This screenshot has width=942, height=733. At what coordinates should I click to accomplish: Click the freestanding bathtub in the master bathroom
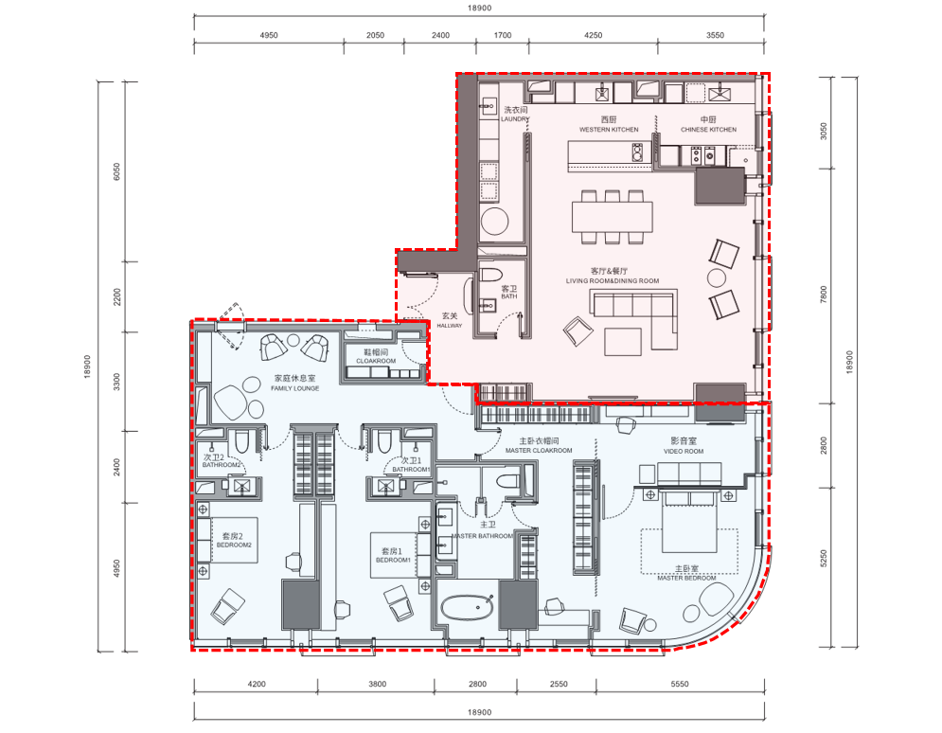click(468, 608)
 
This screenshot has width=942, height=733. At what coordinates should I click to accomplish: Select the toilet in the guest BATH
click(491, 276)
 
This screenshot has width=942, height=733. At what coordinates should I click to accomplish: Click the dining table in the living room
click(613, 217)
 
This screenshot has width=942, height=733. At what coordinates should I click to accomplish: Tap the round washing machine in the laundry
click(495, 221)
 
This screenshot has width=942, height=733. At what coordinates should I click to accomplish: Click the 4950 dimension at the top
click(269, 35)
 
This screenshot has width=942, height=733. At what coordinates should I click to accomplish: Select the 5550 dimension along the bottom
click(680, 684)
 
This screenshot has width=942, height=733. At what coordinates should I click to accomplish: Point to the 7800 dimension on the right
click(824, 294)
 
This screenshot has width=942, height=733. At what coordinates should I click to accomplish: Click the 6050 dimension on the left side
click(116, 171)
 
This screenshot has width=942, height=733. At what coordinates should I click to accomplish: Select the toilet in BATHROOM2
click(241, 441)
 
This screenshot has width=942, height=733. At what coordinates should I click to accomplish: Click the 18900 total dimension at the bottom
click(479, 712)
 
